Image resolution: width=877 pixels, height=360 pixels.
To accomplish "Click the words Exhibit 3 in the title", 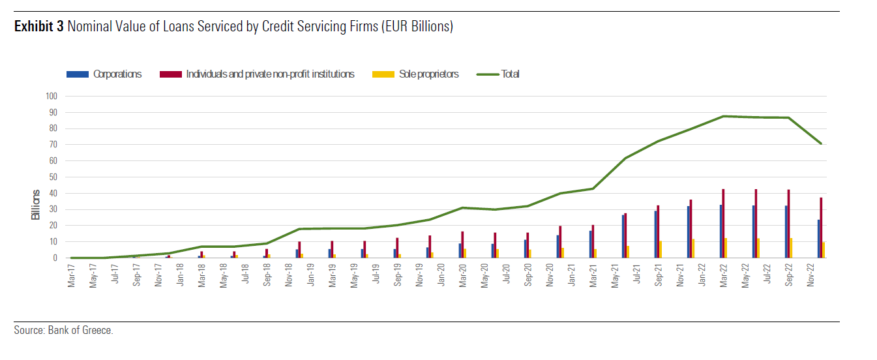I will click(x=39, y=27).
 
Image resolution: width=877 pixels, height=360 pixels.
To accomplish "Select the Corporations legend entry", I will click(x=104, y=74).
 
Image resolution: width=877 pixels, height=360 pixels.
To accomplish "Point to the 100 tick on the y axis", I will click(x=52, y=96).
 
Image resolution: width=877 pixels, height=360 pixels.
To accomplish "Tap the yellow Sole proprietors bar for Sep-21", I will click(x=661, y=250).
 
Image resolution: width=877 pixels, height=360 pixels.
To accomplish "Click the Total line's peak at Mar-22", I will click(x=723, y=116).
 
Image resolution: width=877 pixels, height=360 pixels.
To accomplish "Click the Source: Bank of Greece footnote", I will click(x=63, y=330).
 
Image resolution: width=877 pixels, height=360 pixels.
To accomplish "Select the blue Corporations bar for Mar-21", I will click(x=590, y=245).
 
